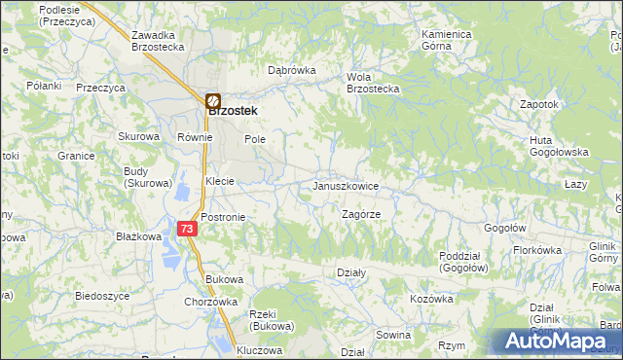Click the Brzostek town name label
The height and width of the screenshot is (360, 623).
[x=235, y=111]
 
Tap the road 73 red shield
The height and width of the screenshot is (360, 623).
[x=189, y=228]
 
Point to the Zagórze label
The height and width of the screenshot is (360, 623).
[x=360, y=213]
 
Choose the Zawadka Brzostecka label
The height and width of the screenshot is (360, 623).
[x=159, y=40]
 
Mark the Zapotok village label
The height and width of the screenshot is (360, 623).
[x=538, y=104]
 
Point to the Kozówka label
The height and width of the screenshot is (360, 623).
[x=431, y=299]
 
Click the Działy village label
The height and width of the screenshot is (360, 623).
[x=349, y=273]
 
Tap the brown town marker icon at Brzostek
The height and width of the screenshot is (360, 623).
[x=213, y=99]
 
